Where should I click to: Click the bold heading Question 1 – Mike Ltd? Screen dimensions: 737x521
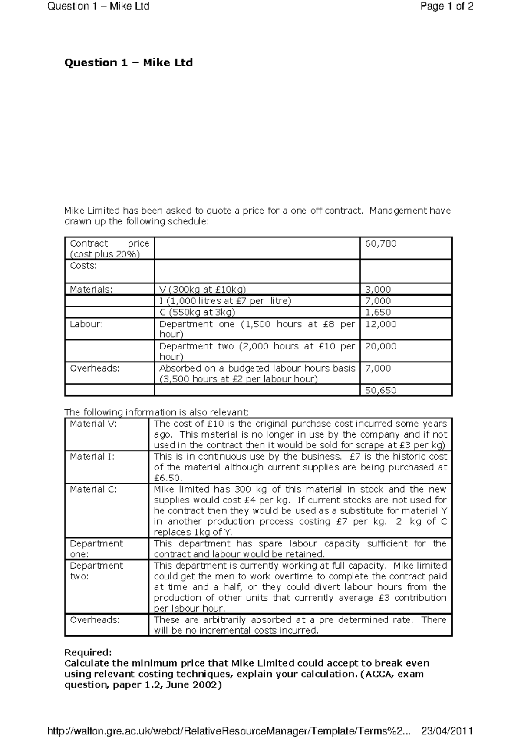point(128,63)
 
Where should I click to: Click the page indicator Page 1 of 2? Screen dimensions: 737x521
point(447,6)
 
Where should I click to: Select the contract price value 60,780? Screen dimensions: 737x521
point(381,243)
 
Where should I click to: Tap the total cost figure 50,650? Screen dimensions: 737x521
point(381,390)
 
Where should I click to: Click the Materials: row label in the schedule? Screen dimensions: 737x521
point(91,290)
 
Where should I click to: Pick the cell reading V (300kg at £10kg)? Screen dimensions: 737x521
point(202,290)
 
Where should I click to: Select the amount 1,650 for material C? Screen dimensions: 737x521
point(378,312)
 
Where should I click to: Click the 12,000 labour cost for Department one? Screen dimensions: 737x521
point(381,324)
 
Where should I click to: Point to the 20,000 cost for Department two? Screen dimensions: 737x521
point(381,346)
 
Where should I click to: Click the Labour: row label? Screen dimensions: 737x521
point(86,324)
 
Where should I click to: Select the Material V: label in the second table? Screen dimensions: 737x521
point(93,424)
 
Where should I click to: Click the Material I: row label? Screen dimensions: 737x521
point(92,456)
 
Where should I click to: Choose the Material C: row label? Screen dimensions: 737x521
point(93,489)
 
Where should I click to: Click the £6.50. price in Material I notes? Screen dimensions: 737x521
point(168,478)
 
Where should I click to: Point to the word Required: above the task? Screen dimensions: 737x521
point(88,652)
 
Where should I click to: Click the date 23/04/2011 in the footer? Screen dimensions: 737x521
point(447,730)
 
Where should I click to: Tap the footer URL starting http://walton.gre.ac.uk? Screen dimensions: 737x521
point(228,730)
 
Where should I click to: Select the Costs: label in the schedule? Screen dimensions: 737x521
point(83,266)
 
